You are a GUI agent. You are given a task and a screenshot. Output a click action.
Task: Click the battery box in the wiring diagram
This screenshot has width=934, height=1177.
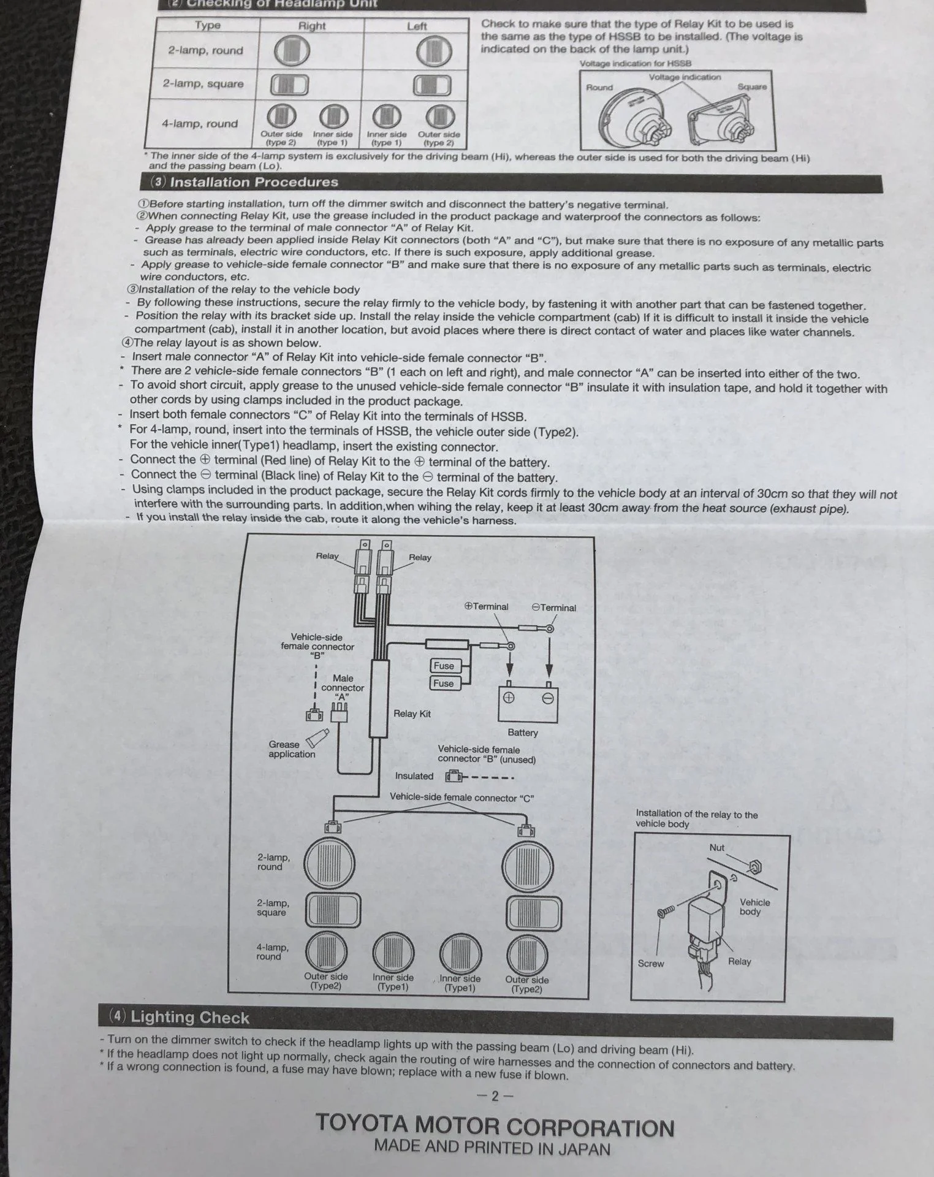click(528, 704)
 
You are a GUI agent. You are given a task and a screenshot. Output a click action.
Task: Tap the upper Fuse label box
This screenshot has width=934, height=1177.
click(444, 666)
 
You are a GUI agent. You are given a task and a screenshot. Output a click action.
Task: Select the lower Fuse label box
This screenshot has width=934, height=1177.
click(443, 684)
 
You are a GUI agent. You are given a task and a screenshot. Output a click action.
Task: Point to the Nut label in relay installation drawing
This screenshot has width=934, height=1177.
click(716, 848)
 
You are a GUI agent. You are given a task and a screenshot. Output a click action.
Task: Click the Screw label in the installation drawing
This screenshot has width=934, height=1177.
click(650, 964)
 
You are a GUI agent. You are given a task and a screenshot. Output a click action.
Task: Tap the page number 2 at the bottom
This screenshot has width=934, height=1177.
click(495, 1097)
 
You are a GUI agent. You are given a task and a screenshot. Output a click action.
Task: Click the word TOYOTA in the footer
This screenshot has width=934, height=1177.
click(362, 1124)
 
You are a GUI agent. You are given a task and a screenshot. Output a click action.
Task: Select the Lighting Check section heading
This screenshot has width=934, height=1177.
click(190, 1018)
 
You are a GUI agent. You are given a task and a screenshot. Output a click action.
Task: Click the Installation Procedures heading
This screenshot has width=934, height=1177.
click(254, 182)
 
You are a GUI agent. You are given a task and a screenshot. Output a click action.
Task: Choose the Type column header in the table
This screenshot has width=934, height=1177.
click(208, 25)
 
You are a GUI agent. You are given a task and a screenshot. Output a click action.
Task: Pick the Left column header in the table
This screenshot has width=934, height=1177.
click(417, 26)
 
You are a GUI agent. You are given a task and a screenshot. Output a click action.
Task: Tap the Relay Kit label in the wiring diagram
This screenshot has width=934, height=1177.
click(412, 714)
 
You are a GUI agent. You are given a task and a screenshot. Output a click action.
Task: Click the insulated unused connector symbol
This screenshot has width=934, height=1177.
click(454, 777)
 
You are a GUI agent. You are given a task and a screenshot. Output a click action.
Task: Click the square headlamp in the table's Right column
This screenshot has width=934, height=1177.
click(289, 85)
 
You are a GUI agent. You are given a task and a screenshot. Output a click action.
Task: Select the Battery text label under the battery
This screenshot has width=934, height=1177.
click(522, 733)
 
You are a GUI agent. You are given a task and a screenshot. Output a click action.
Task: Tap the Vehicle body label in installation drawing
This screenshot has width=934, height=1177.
click(754, 907)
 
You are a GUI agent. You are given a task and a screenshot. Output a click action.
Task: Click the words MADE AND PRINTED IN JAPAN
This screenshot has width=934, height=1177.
click(492, 1148)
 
